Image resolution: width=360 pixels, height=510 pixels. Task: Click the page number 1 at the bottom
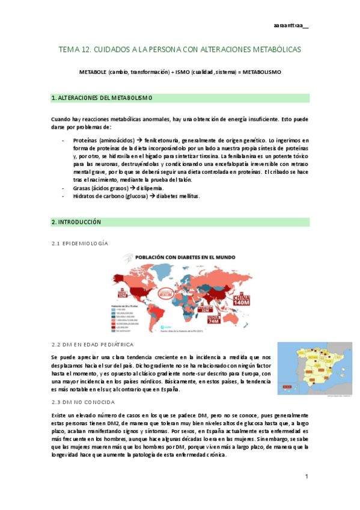[x=306, y=476]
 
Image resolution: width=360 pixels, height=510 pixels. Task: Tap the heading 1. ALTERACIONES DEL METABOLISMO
[x=102, y=97]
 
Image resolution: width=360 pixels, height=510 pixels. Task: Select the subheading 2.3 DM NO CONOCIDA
[x=84, y=401]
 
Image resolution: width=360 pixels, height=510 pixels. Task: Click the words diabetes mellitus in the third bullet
[x=175, y=197]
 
